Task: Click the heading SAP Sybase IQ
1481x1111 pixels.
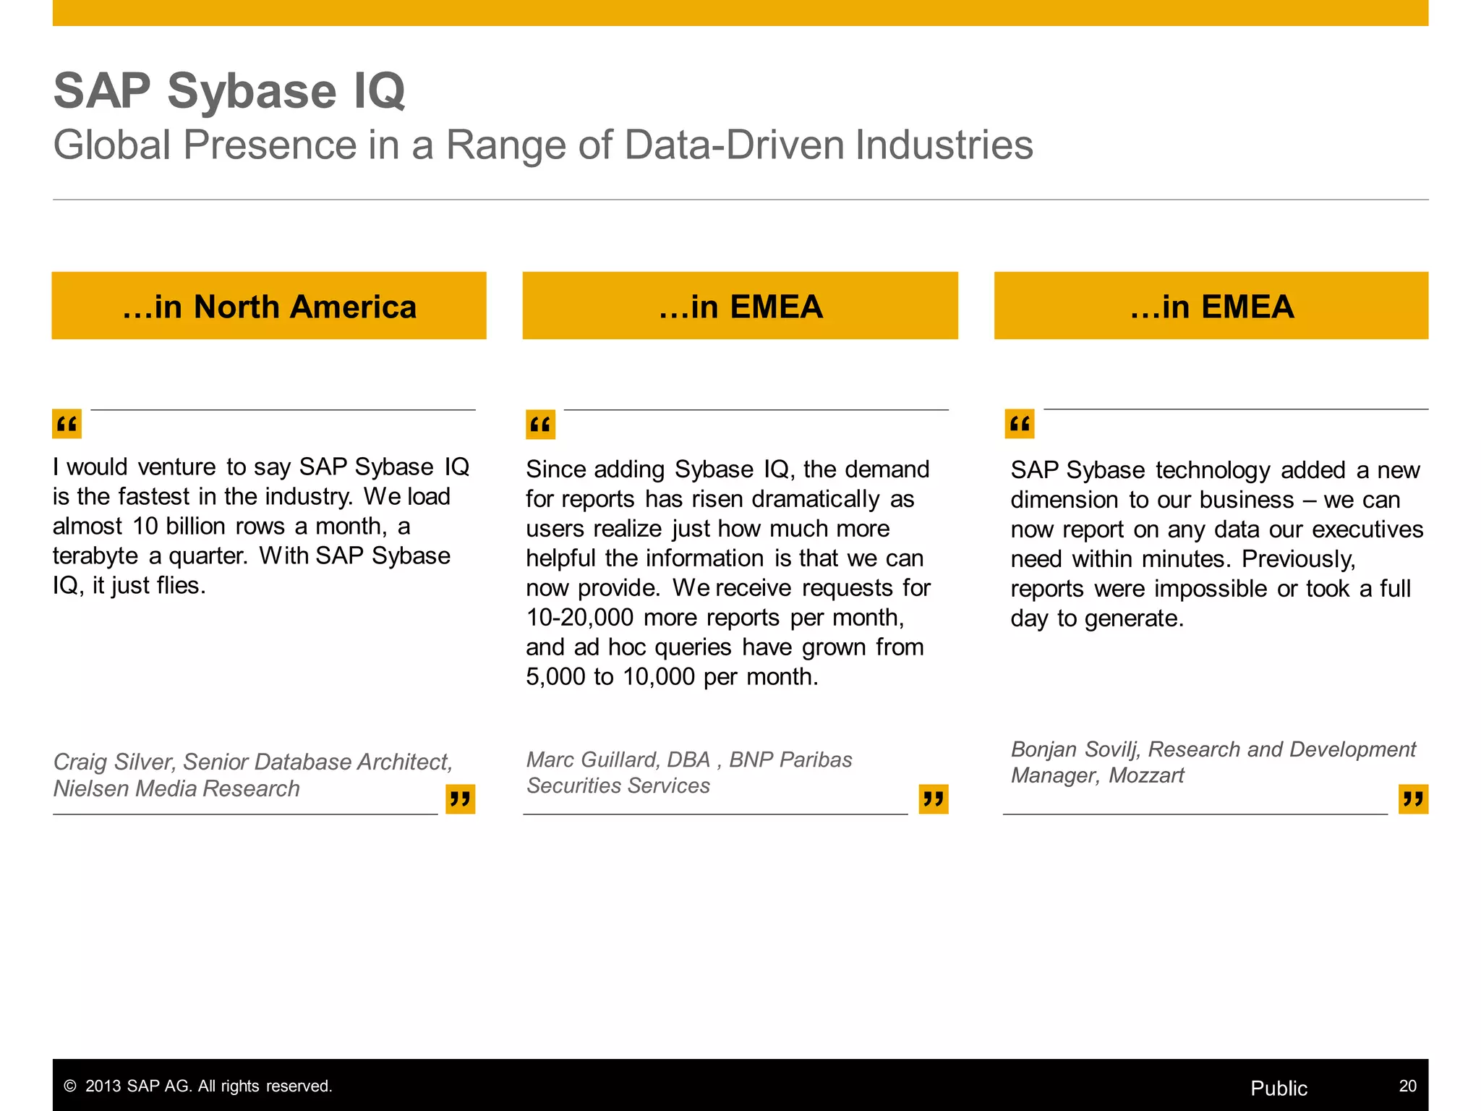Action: (229, 91)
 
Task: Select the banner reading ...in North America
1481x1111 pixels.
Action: (269, 306)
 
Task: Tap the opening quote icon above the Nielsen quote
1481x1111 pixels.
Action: (67, 424)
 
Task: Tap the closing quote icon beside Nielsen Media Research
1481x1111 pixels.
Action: (460, 799)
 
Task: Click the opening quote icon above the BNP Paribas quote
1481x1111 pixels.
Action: (540, 425)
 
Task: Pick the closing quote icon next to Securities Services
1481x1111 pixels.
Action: (933, 799)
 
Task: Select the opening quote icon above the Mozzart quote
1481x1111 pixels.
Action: (1020, 424)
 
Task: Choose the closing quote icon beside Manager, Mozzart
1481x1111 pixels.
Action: (1413, 799)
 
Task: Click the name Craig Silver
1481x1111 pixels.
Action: (113, 762)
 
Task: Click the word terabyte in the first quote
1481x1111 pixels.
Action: (95, 555)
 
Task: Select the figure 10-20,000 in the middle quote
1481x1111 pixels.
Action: (580, 618)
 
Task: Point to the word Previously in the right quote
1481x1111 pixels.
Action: (1298, 559)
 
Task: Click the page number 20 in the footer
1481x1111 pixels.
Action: (1407, 1086)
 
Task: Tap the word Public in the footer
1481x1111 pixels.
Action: (1279, 1088)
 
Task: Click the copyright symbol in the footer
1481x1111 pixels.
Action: (70, 1086)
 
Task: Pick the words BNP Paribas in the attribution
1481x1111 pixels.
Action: (790, 759)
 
